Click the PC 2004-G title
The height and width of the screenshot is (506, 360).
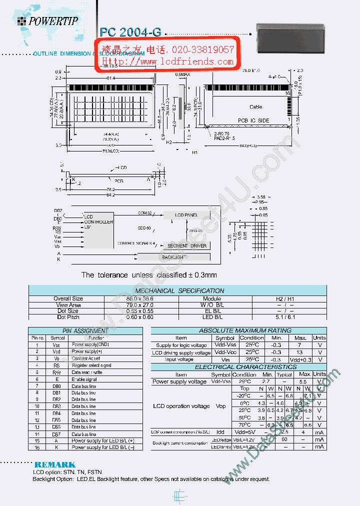130,32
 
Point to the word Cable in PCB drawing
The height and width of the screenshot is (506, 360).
255,107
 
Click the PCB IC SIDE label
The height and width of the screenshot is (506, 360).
253,120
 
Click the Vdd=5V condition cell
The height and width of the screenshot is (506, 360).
244,432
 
